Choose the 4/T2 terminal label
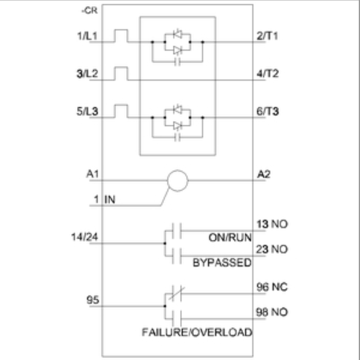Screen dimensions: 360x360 (x=268, y=74)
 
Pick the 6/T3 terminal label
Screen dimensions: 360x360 (x=268, y=112)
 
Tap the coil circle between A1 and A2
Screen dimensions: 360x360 (x=177, y=180)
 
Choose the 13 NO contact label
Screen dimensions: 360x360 (x=272, y=225)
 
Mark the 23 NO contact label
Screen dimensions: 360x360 (x=272, y=250)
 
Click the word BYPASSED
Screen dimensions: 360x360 (x=222, y=263)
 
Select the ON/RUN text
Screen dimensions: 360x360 (x=230, y=238)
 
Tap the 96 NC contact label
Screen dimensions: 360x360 (x=272, y=288)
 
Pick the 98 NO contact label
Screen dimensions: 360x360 (x=272, y=313)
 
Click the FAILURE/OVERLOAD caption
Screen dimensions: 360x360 (x=197, y=333)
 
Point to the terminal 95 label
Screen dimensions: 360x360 (x=93, y=300)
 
